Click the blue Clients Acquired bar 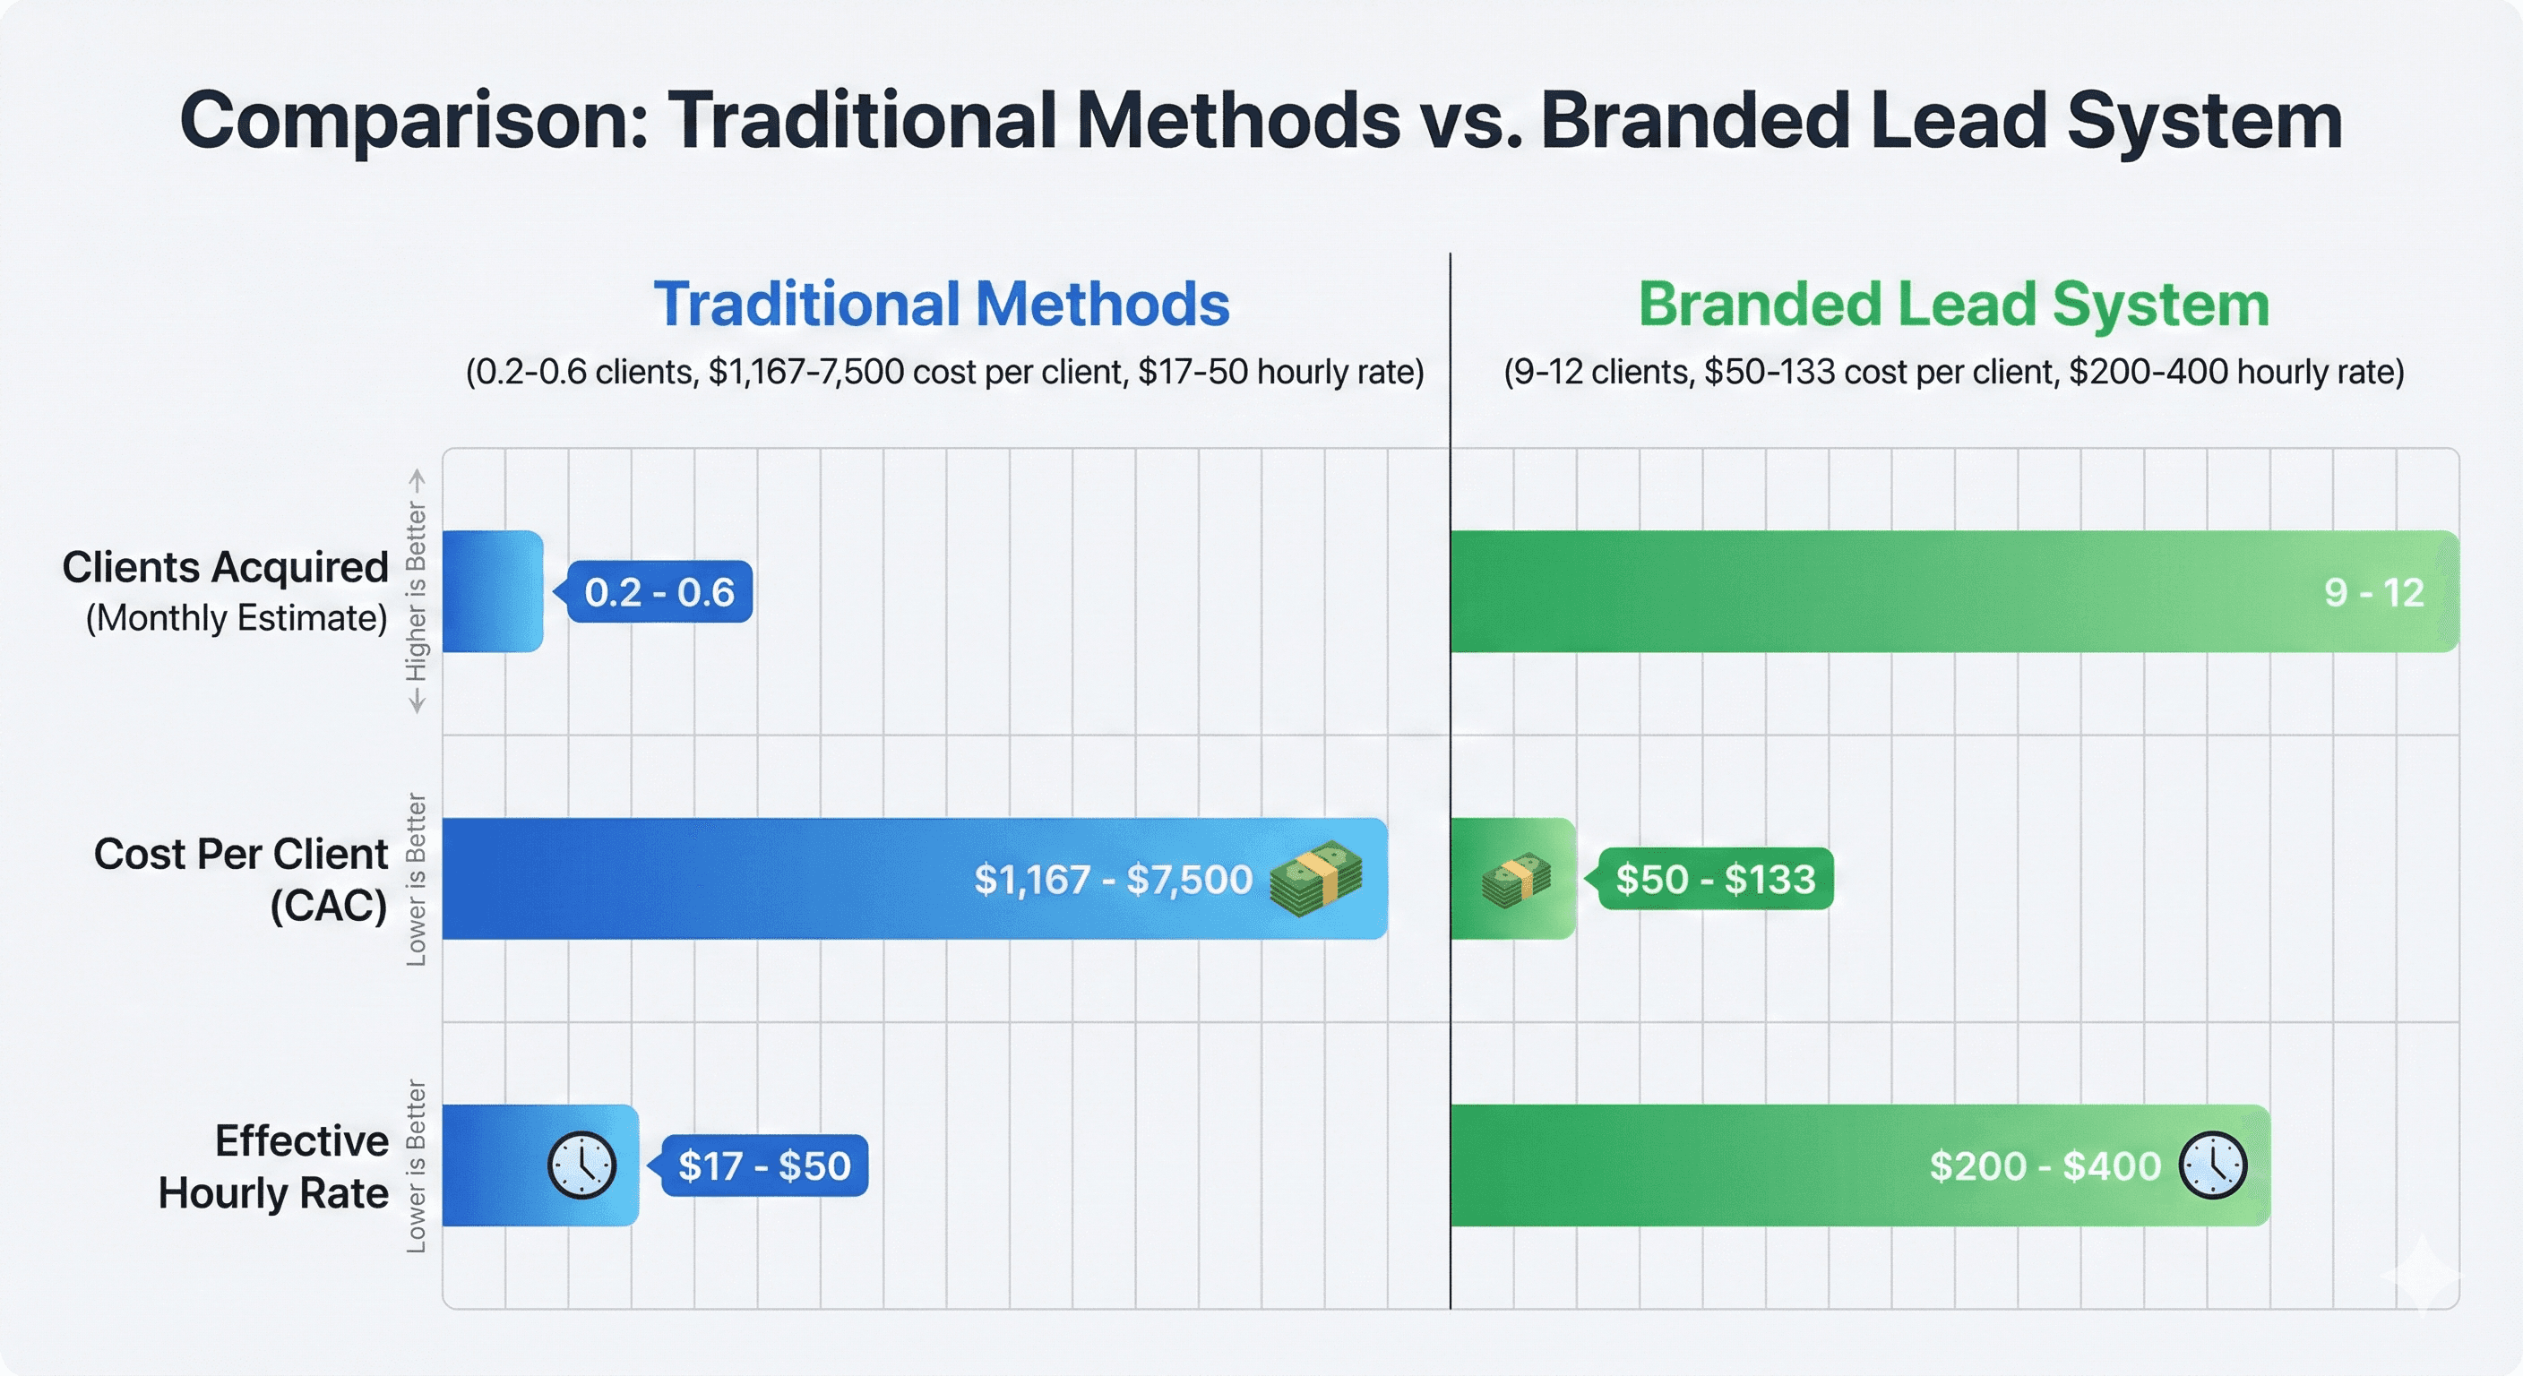(492, 591)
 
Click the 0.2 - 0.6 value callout (659, 591)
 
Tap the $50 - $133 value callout (1715, 879)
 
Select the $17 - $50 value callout (764, 1165)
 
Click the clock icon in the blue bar (581, 1165)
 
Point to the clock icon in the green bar (2212, 1165)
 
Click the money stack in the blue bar (1315, 879)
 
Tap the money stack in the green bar (1515, 879)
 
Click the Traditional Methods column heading (942, 304)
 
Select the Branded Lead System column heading (1954, 304)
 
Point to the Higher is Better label (418, 591)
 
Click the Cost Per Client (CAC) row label (241, 879)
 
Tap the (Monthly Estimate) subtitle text (236, 619)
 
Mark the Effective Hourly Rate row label (273, 1165)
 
